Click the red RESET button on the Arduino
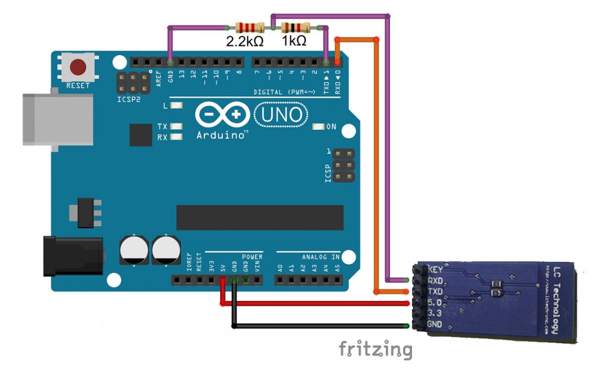tap(78, 67)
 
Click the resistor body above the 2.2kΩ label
tap(249, 27)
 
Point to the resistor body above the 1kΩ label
tap(295, 27)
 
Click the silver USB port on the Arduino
tap(58, 119)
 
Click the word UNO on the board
tap(281, 115)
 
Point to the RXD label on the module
tap(436, 281)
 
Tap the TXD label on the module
tap(436, 292)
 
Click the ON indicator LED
tap(318, 127)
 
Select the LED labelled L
tap(176, 106)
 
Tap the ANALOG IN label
tap(321, 257)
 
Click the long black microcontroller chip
tap(259, 217)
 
